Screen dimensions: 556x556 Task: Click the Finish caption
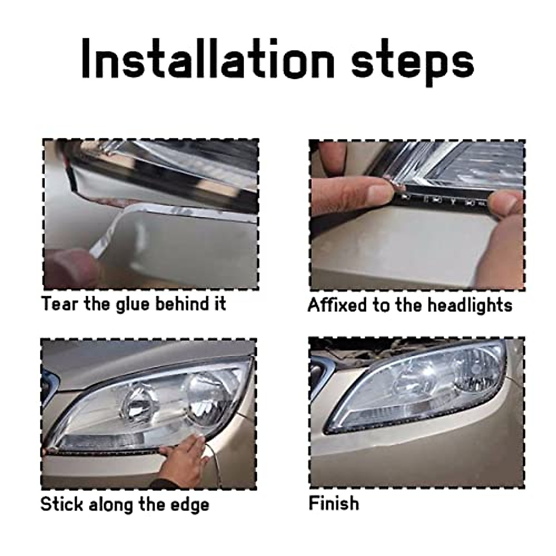click(x=334, y=503)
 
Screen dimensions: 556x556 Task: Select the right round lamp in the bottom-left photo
click(x=204, y=389)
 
